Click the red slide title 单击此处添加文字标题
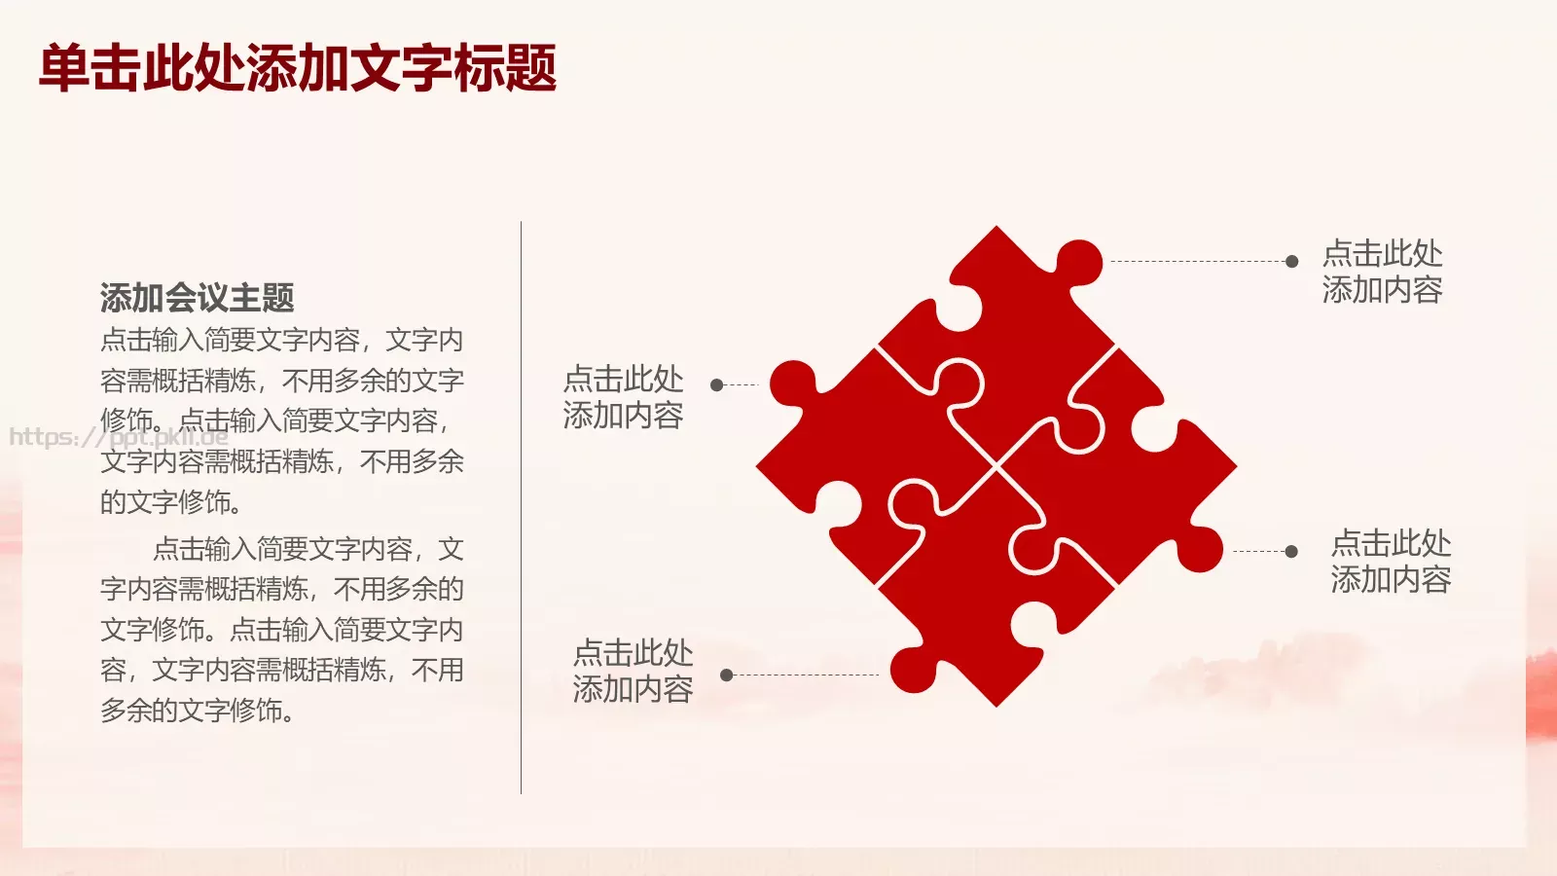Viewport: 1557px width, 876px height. click(x=298, y=67)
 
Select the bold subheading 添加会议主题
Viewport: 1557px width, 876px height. click(x=198, y=298)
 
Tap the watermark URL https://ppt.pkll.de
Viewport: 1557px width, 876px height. click(x=118, y=437)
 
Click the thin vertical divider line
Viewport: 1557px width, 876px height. click(x=521, y=507)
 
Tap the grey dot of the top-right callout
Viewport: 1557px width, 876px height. click(x=1291, y=262)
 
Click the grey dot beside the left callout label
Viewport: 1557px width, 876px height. click(x=717, y=385)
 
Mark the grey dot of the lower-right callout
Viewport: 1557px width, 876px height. click(x=1291, y=551)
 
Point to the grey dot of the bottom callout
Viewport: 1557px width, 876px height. click(x=727, y=675)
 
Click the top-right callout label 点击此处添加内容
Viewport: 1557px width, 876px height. click(x=1383, y=272)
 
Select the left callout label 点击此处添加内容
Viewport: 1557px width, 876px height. click(x=624, y=398)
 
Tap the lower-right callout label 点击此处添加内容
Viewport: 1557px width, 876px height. click(x=1391, y=562)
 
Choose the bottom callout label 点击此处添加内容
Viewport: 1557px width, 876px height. click(x=634, y=672)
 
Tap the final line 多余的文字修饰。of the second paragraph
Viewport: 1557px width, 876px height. click(x=198, y=711)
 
